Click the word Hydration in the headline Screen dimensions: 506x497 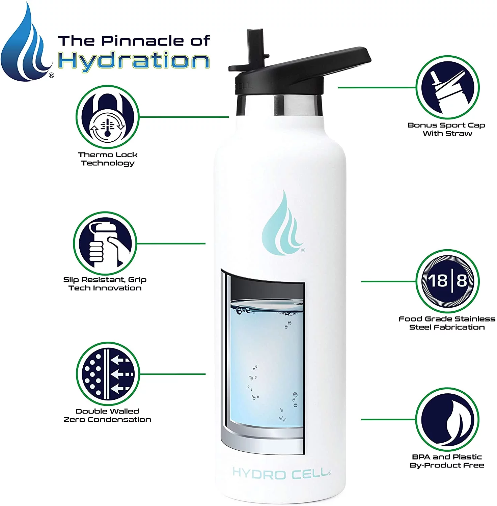tap(134, 61)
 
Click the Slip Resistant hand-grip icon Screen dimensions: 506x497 tap(105, 243)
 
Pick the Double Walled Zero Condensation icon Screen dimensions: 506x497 tap(108, 374)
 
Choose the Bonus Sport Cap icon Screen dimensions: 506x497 tap(447, 88)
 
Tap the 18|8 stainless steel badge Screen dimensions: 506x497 tap(447, 281)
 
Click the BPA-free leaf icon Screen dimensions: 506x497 tap(447, 419)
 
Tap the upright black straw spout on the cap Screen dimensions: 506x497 tap(255, 47)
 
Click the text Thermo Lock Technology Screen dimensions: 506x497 tap(108, 159)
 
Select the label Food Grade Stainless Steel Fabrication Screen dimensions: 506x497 tap(447, 323)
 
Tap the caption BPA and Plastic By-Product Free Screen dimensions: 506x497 tap(447, 461)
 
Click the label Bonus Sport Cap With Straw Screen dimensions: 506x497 tap(446, 129)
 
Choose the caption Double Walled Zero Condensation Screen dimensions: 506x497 tap(107, 415)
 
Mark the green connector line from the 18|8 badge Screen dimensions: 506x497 tap(388, 281)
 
